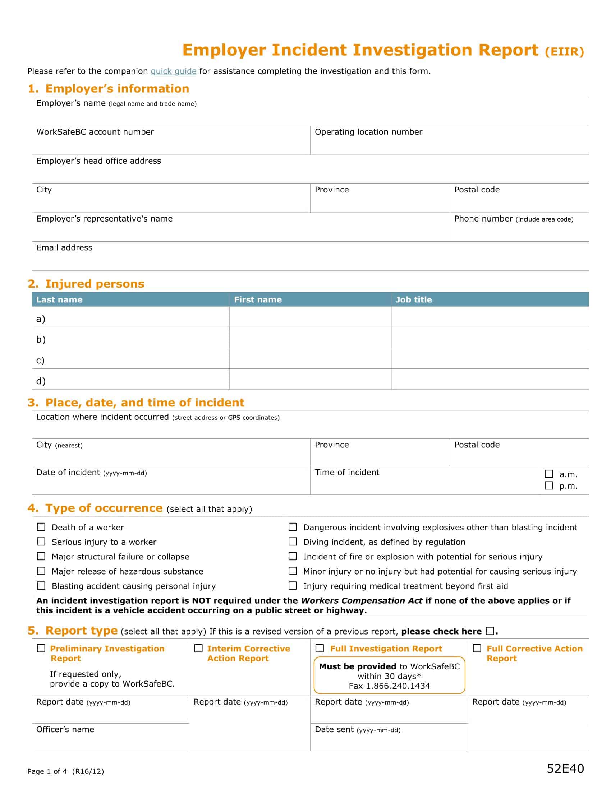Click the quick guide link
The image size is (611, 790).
(173, 71)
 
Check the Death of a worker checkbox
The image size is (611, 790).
(41, 527)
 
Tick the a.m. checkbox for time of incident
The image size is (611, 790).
(549, 474)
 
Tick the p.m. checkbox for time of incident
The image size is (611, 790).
(549, 485)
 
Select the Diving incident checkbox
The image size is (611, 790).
(293, 542)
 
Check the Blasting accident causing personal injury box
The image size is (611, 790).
(41, 586)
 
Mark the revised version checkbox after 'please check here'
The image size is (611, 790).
(490, 631)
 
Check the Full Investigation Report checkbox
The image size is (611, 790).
(320, 648)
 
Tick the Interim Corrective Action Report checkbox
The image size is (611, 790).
(198, 648)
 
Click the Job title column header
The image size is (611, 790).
(413, 299)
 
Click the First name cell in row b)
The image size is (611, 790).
(310, 338)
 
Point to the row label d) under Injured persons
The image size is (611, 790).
(41, 381)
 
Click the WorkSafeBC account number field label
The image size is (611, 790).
(95, 132)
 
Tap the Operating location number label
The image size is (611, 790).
(368, 132)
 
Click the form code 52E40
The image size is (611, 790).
(565, 768)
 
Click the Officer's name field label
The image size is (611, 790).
(65, 730)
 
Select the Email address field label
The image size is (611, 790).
(64, 248)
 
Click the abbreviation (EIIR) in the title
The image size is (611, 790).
(564, 52)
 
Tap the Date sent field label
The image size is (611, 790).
(334, 730)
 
